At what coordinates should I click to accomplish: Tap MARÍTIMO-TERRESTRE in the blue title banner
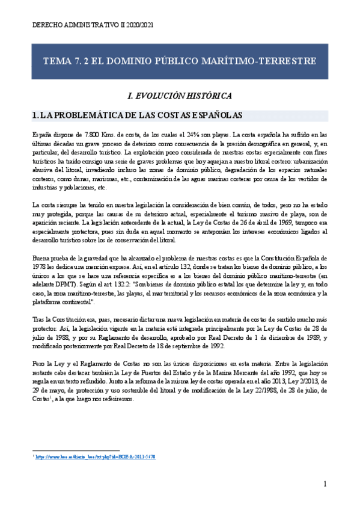266,61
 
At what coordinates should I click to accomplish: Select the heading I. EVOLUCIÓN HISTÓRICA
180,96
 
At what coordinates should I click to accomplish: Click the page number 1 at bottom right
325,484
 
